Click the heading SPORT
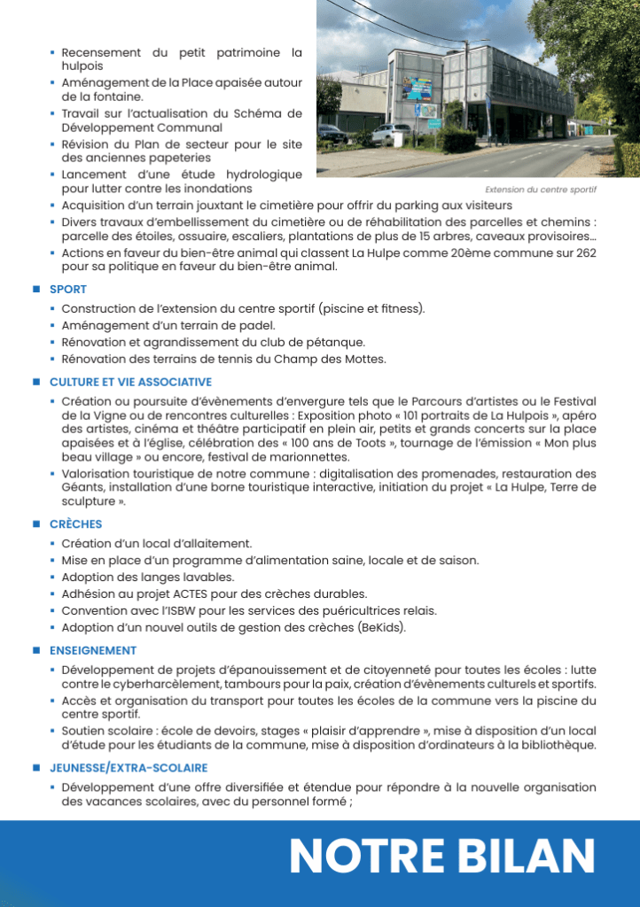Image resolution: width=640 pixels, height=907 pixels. pyautogui.click(x=67, y=290)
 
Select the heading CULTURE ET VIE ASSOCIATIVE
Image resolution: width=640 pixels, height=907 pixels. pyautogui.click(x=130, y=382)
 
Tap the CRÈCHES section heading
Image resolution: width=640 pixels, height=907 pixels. pyautogui.click(x=75, y=524)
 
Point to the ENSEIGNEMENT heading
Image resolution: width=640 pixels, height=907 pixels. pyautogui.click(x=93, y=650)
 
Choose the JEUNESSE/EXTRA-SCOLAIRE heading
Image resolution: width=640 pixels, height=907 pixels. pyautogui.click(x=129, y=767)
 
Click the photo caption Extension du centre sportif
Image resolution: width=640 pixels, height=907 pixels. pyautogui.click(x=541, y=190)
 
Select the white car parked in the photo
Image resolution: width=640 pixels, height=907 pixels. pyautogui.click(x=391, y=135)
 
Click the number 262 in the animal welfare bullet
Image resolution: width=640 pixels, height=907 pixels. pyautogui.click(x=584, y=253)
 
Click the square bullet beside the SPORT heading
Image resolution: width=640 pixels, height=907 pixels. pyautogui.click(x=36, y=290)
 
